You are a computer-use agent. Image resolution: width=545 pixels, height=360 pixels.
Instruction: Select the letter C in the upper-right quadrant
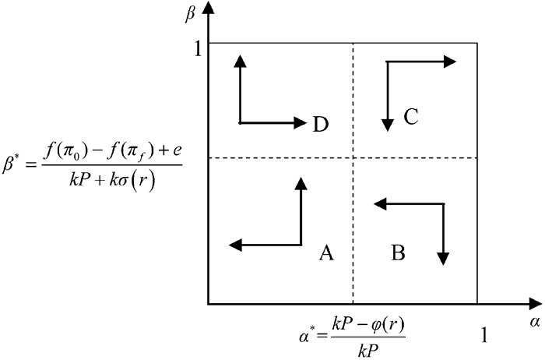point(412,117)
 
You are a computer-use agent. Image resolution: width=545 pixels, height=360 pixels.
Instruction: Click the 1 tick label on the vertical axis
point(198,49)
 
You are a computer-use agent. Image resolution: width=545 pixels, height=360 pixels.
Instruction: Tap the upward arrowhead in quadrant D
point(240,60)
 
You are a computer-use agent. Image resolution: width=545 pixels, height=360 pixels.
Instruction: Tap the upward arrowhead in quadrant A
point(301,183)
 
